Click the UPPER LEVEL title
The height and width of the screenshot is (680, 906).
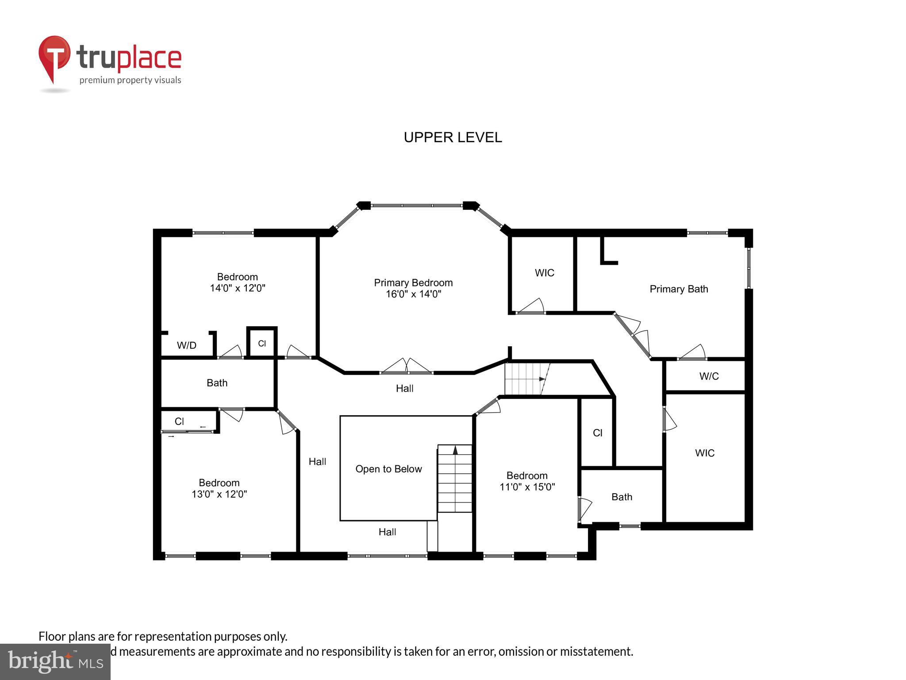[453, 137]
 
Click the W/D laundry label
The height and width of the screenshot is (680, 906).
[186, 345]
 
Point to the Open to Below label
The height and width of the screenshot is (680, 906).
[388, 469]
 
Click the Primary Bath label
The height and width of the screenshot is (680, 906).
[679, 289]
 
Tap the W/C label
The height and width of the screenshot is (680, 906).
[709, 376]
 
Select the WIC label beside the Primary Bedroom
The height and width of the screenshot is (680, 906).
[544, 273]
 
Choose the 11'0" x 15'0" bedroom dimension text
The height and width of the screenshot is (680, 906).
[527, 487]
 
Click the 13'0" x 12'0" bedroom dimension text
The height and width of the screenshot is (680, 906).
[219, 494]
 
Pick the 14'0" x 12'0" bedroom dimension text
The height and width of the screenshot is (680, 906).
[237, 288]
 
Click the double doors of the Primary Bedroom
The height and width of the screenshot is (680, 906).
[406, 367]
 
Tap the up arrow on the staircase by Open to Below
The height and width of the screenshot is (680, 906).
[455, 450]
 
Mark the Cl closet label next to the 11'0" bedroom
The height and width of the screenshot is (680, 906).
[597, 433]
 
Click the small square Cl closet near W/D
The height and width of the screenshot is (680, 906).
[262, 343]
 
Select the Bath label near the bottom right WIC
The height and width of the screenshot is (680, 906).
[622, 497]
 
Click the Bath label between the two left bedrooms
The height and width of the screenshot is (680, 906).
[217, 382]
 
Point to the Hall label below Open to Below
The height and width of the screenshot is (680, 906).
[387, 532]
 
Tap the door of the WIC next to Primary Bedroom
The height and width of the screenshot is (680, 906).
[531, 307]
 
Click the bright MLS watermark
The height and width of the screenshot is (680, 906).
[55, 662]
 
